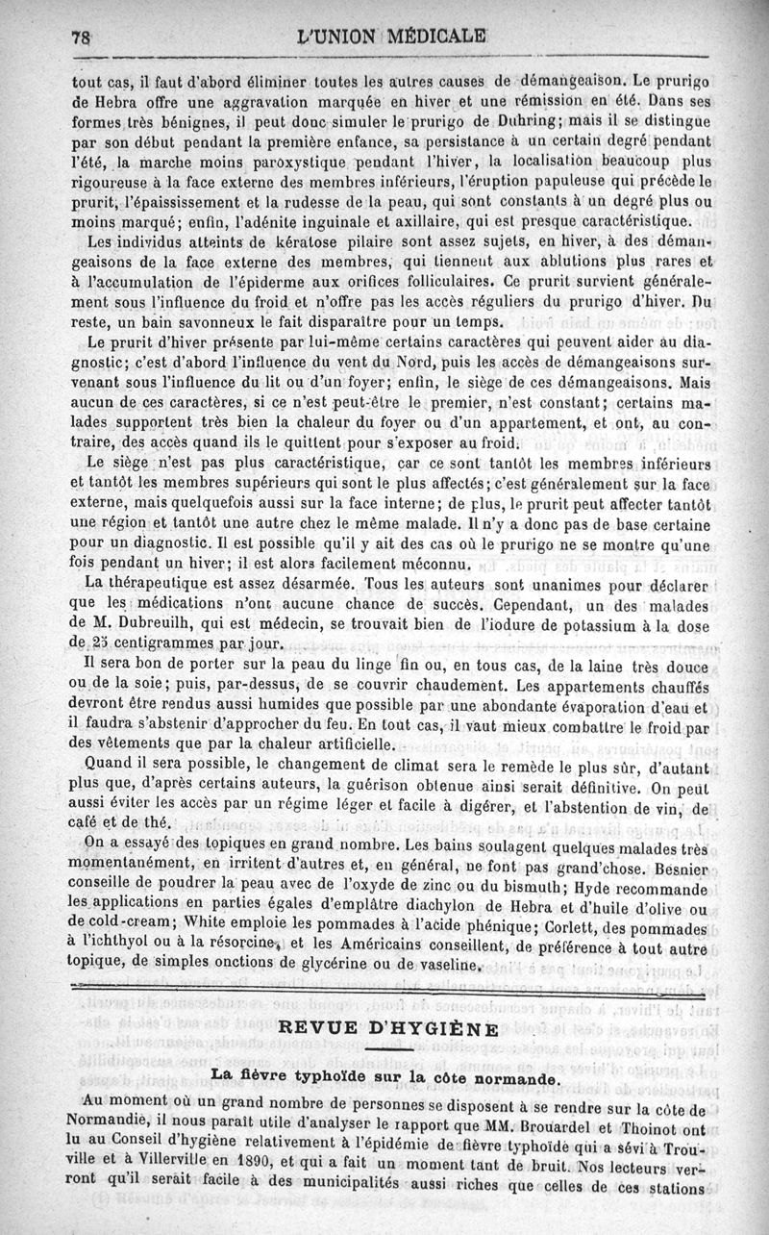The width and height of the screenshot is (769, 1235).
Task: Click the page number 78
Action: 80,38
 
